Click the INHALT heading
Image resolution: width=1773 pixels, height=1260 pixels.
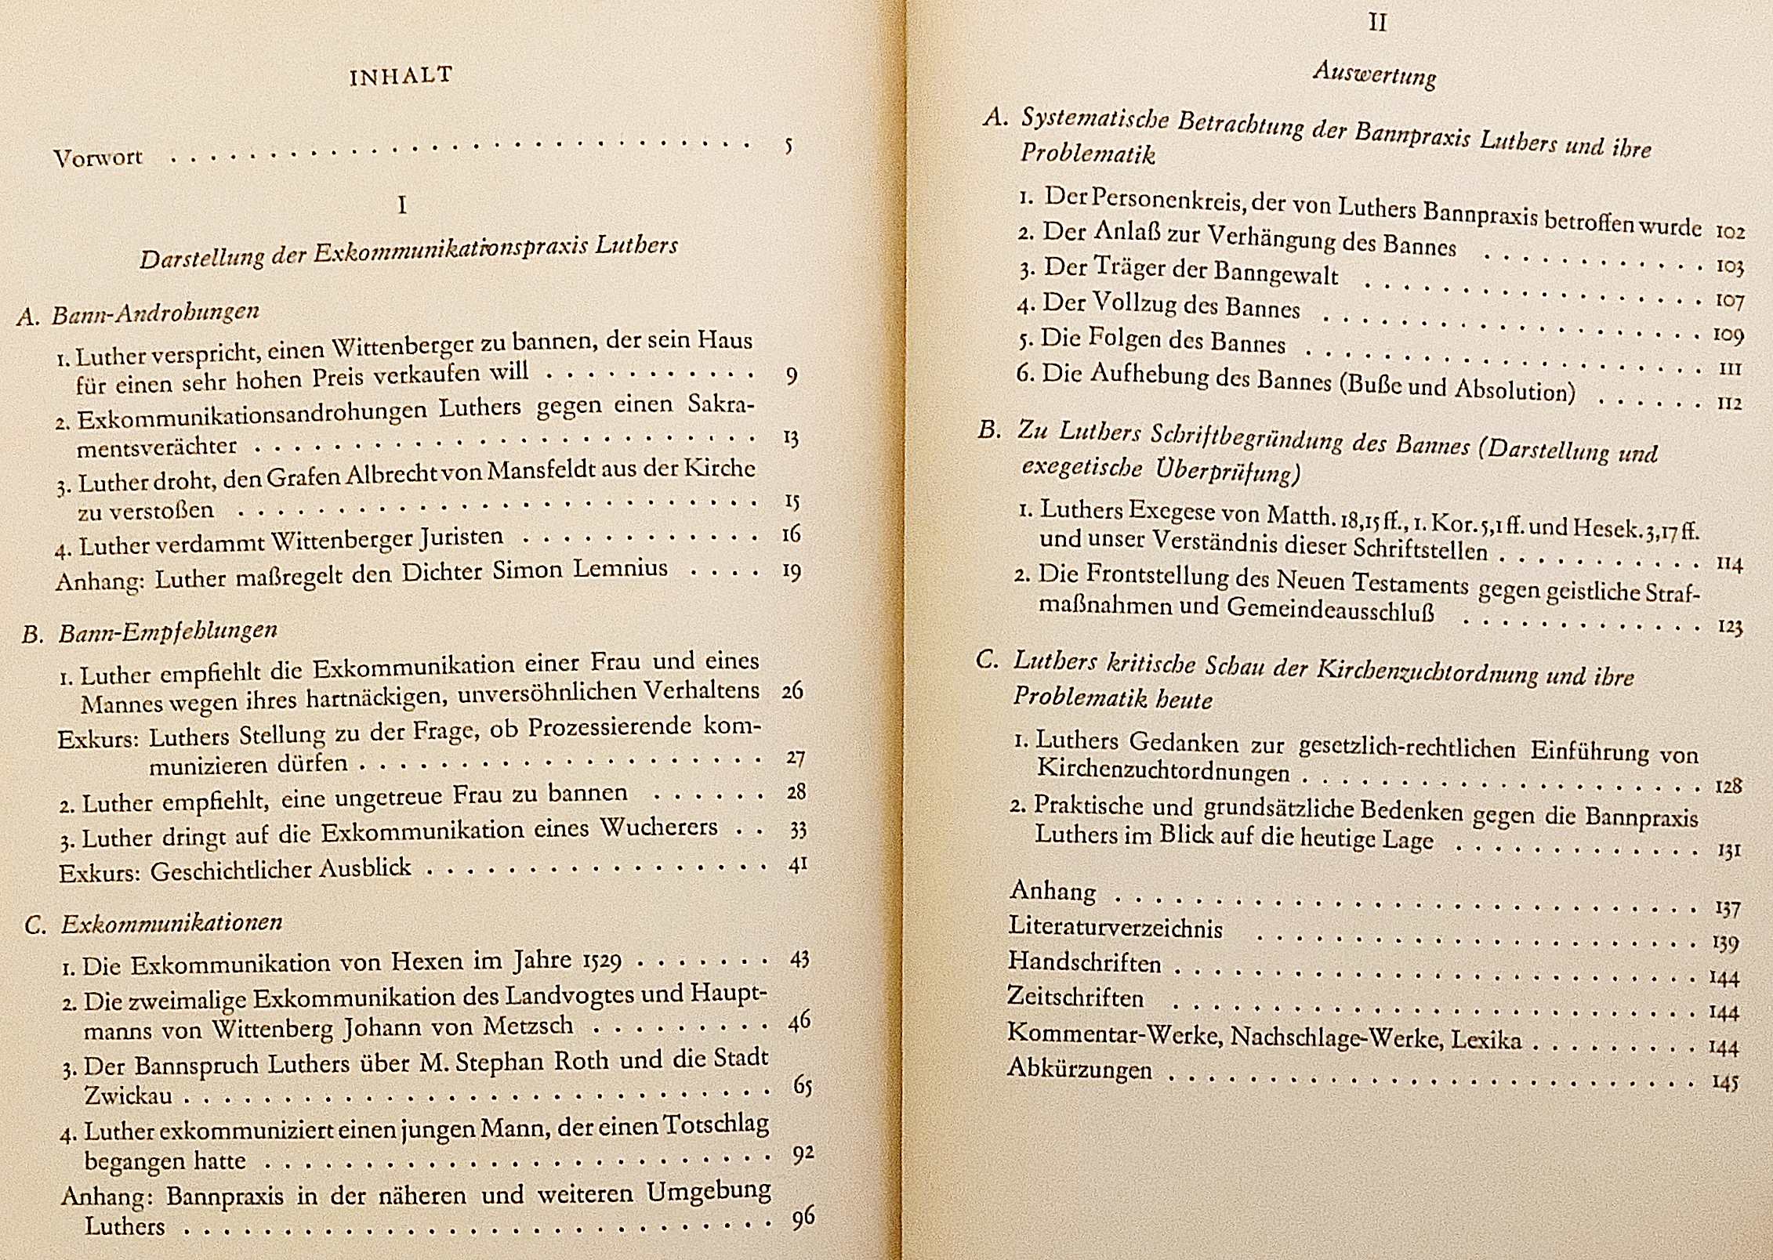(401, 76)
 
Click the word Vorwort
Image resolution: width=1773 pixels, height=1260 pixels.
(98, 157)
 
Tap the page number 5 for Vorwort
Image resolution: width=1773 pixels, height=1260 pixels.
(789, 146)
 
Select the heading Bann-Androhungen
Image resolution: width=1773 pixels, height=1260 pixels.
(155, 313)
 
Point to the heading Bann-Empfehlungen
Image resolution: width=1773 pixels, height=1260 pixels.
(168, 632)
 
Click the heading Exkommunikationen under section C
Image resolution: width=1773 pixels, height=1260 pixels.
(172, 923)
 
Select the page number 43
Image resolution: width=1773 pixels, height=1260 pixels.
(799, 958)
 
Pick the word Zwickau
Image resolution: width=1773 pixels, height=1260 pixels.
(128, 1095)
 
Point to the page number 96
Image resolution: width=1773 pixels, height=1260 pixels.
(803, 1217)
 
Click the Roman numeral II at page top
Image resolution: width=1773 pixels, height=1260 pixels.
(1377, 22)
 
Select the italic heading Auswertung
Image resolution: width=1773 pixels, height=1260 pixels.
(1375, 74)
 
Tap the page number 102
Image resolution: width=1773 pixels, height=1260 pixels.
(1730, 232)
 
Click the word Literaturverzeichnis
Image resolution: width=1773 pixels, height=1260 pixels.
(1115, 927)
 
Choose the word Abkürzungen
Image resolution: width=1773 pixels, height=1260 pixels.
(1079, 1069)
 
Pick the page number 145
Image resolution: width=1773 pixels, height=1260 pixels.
(1725, 1083)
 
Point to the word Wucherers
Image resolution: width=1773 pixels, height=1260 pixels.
(658, 827)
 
